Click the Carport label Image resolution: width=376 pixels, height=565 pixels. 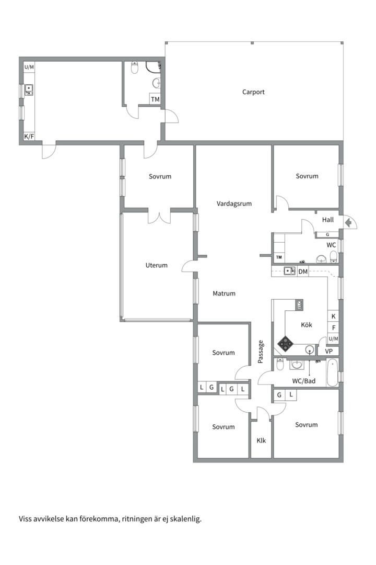[253, 92]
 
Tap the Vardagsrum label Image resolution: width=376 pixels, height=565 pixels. [234, 204]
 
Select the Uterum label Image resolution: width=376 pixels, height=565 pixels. [156, 265]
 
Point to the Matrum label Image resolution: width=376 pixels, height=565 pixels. [224, 293]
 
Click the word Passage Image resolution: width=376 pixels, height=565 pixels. [261, 352]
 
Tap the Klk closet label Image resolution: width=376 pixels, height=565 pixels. [261, 440]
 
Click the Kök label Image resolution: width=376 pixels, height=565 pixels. [307, 325]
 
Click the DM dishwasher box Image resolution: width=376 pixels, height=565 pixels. [303, 271]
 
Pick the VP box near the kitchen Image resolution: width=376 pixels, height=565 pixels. [328, 351]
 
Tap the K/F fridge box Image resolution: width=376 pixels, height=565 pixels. [29, 137]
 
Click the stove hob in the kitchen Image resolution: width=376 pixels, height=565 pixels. [285, 343]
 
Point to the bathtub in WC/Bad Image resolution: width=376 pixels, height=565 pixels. [332, 372]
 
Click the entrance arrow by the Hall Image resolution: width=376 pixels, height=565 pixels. [348, 223]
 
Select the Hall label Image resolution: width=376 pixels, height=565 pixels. [327, 220]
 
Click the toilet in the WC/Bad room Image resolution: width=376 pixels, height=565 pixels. [280, 364]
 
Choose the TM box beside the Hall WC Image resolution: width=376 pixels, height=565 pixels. [279, 257]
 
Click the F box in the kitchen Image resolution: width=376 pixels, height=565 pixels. [333, 328]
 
